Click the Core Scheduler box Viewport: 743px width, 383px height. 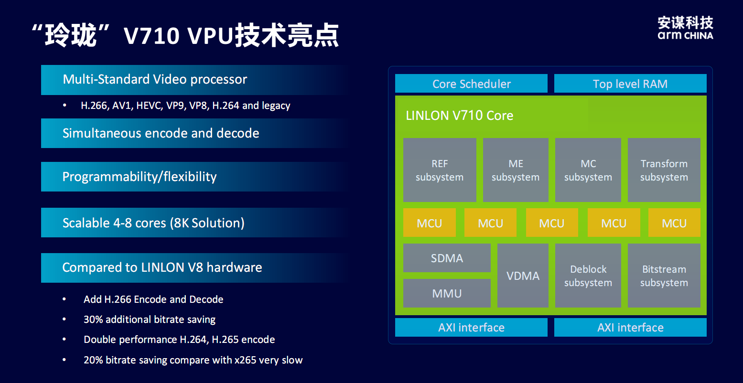pos(471,84)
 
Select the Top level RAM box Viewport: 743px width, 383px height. pos(630,84)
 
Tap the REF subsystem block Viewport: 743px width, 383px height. pos(440,170)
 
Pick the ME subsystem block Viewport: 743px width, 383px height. pos(516,170)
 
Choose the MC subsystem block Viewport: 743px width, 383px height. pos(588,170)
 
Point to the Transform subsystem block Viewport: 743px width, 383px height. pos(664,170)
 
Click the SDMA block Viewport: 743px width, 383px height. pos(447,258)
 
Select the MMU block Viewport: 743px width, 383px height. pos(447,293)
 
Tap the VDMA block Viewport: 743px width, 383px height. pos(523,276)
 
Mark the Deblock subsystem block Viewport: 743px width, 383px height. pos(588,276)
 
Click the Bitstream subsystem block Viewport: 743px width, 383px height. pos(664,276)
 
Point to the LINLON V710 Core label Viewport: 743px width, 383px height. pos(459,116)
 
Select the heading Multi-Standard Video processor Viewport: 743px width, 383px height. pos(155,79)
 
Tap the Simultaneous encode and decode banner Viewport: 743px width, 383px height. pos(161,133)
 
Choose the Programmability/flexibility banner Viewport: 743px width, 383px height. pos(140,177)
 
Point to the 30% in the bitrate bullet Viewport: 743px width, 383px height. pos(93,319)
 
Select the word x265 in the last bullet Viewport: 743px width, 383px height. pos(246,360)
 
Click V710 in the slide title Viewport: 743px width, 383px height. pos(151,36)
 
